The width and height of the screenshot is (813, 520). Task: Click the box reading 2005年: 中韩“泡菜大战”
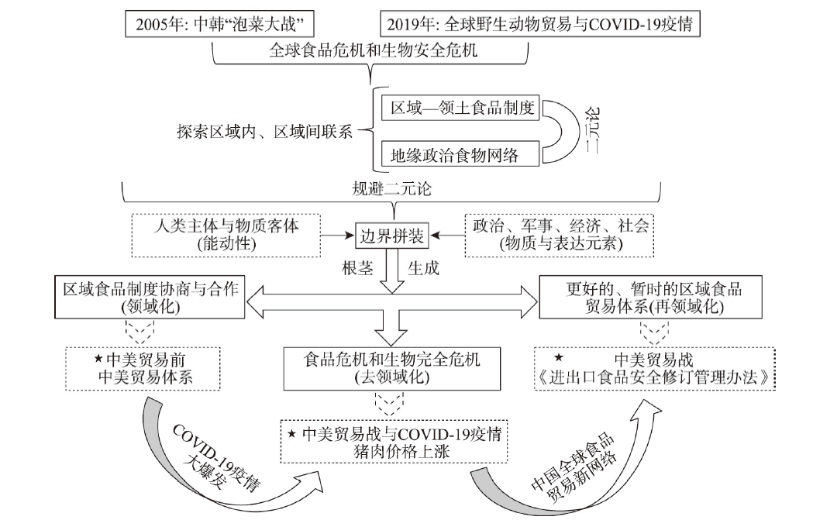219,24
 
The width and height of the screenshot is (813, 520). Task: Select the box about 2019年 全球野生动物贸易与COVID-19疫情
540,24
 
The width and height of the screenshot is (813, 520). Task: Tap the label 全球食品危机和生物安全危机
373,50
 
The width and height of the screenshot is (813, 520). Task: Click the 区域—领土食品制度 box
460,107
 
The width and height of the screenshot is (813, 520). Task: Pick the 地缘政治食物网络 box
460,154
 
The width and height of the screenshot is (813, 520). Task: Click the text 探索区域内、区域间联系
264,132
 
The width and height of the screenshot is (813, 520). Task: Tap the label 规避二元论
391,189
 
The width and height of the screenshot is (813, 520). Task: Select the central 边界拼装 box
392,236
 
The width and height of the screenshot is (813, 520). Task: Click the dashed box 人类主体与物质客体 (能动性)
226,236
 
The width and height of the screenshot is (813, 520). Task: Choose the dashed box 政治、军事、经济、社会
560,236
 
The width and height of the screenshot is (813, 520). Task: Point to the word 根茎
357,268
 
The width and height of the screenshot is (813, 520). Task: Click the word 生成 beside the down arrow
424,268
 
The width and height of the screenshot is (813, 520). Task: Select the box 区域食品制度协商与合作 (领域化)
150,297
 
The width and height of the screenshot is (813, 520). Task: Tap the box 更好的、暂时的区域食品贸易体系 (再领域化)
651,297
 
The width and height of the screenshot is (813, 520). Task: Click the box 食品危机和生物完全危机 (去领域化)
392,369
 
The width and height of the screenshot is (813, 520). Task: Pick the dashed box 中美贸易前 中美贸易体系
143,369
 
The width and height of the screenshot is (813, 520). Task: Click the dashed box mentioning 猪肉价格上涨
394,441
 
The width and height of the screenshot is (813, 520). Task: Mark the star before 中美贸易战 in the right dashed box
559,357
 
